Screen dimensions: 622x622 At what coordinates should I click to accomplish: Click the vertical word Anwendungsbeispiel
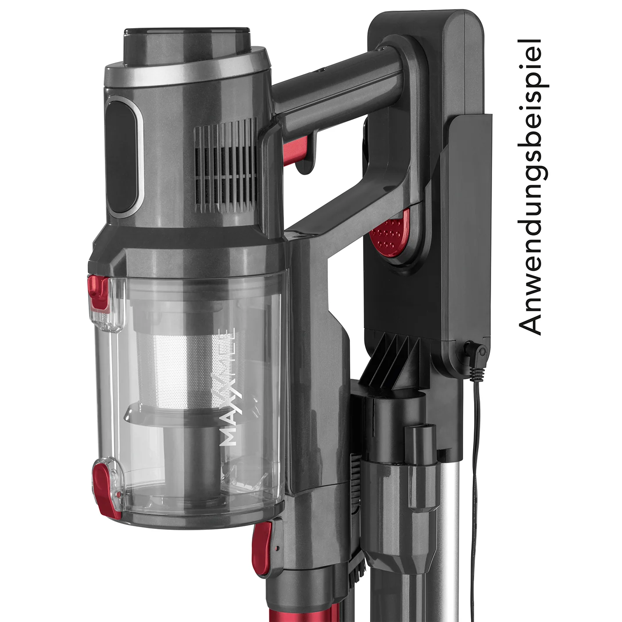pyautogui.click(x=530, y=187)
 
